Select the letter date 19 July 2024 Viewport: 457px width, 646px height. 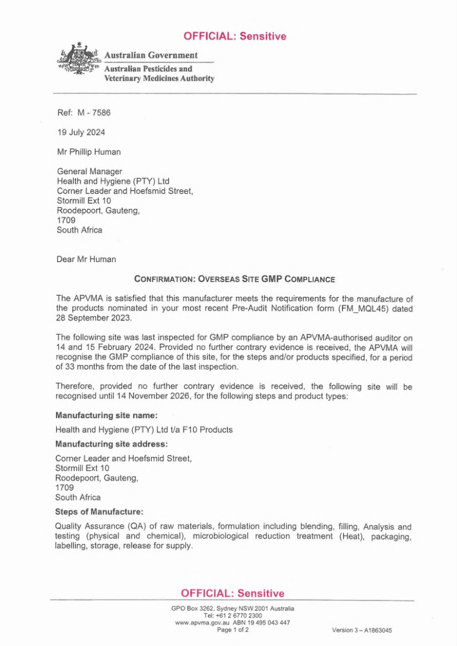[x=81, y=132]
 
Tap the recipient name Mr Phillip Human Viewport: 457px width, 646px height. [x=89, y=152]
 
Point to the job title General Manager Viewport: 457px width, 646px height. [x=89, y=171]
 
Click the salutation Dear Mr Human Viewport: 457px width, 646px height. [x=86, y=259]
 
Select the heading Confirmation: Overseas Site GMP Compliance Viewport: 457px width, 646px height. [x=234, y=279]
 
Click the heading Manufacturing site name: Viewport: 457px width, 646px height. [x=106, y=415]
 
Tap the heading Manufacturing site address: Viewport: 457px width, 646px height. [x=112, y=444]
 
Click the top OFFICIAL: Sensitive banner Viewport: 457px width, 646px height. [x=235, y=37]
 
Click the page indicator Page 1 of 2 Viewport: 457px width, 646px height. [x=233, y=629]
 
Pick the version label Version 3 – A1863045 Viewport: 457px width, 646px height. [x=361, y=630]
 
